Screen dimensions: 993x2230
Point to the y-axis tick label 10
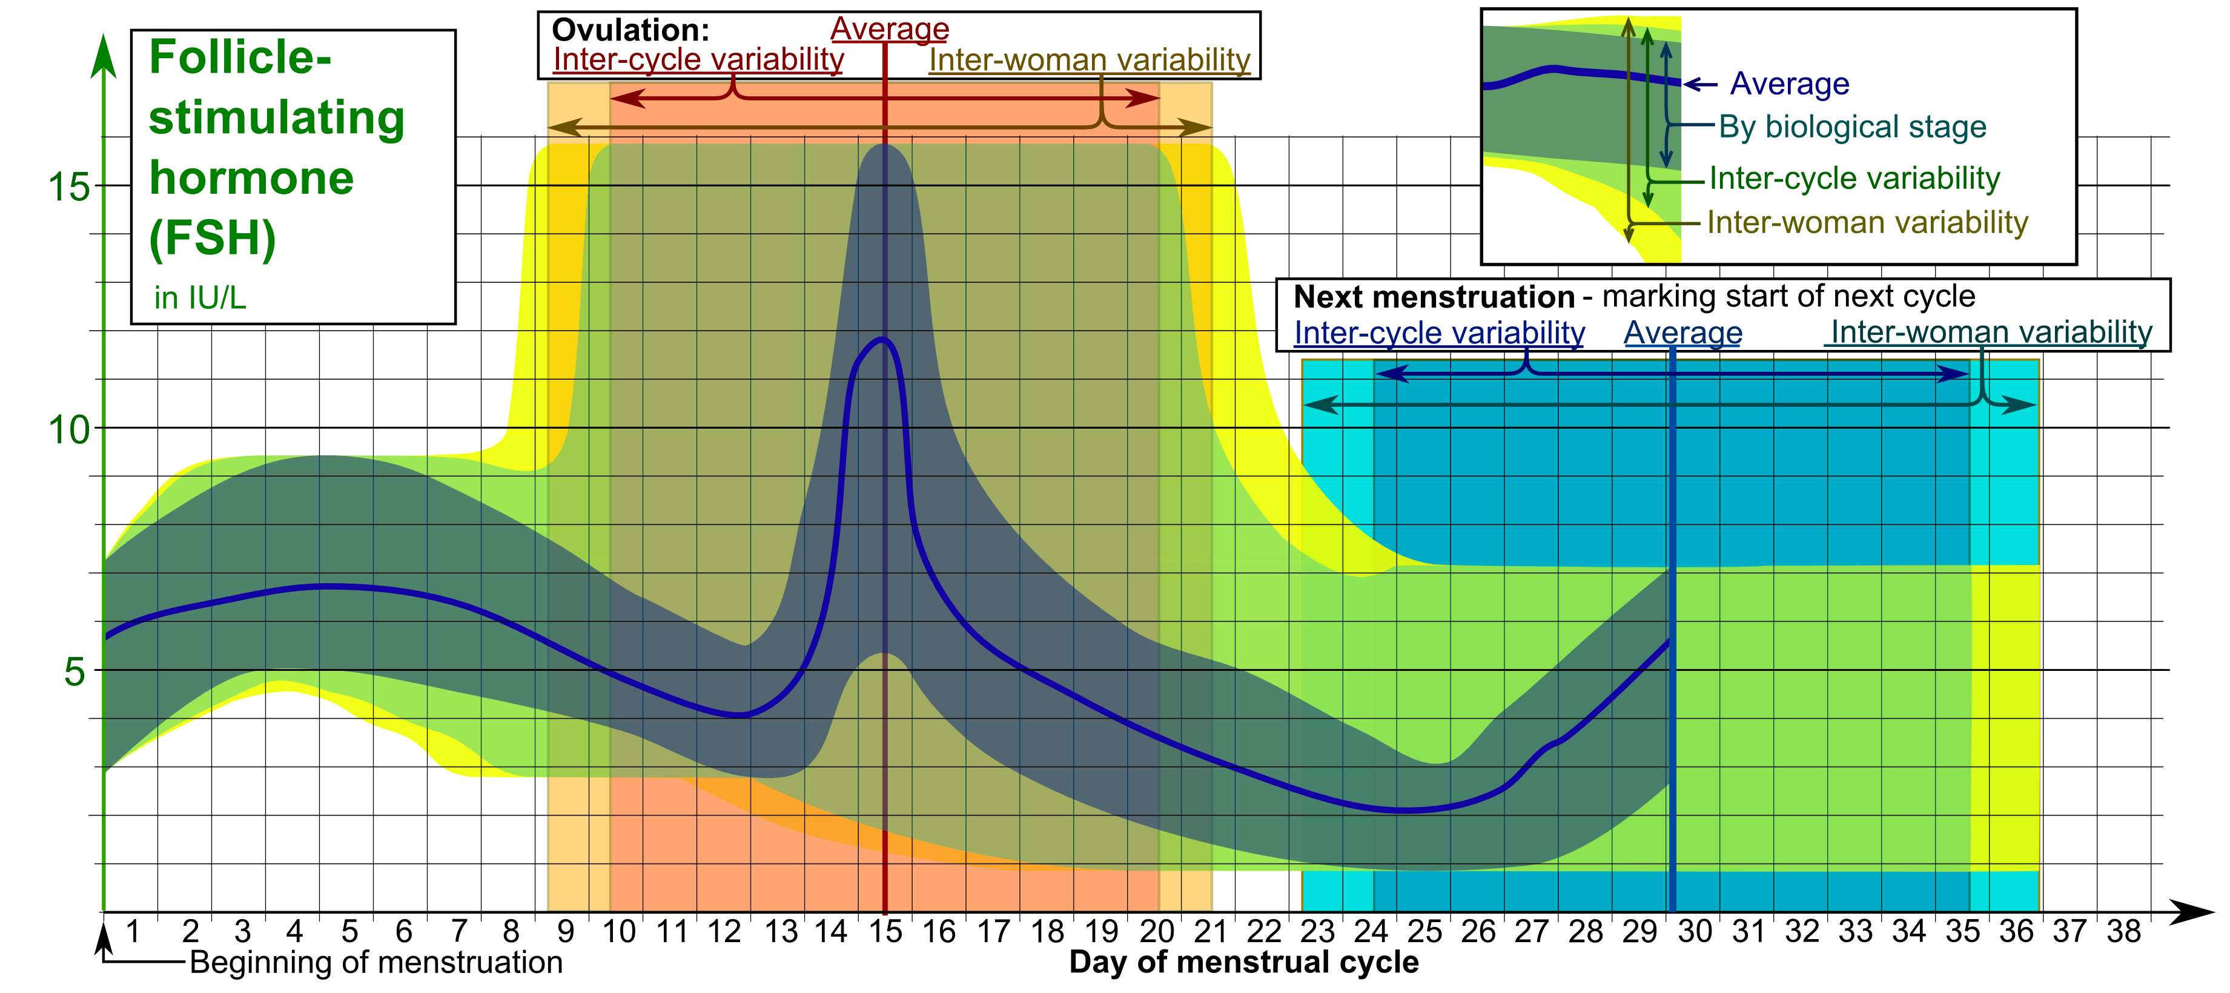click(68, 429)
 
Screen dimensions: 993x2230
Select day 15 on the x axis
click(885, 931)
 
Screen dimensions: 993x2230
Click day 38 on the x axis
click(2123, 931)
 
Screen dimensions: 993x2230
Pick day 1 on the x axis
click(133, 931)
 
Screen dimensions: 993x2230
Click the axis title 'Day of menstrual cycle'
click(1243, 963)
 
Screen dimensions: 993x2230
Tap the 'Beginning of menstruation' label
click(376, 963)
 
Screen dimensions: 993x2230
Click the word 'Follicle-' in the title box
click(240, 57)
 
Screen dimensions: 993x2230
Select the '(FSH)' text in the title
click(212, 238)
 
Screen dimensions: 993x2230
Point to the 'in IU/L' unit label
click(200, 298)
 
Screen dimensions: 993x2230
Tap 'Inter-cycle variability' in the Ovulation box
click(698, 60)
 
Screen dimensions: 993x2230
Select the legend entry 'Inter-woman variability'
click(1867, 222)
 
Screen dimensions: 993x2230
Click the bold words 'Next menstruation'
click(1434, 297)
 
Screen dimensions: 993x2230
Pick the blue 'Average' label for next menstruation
click(1682, 332)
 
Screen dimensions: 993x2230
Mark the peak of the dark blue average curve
click(883, 338)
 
